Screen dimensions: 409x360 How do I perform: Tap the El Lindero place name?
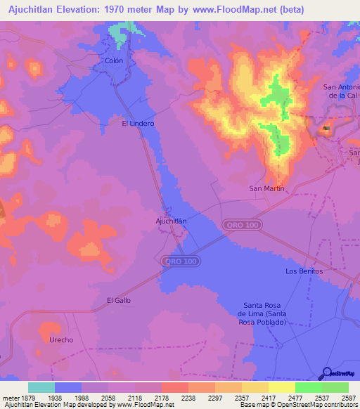pos(138,123)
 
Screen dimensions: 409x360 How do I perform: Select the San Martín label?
pos(266,188)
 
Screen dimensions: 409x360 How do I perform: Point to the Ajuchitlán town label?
pos(171,221)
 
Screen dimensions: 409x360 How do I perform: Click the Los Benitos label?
pos(304,271)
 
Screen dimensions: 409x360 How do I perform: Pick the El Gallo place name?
pos(119,300)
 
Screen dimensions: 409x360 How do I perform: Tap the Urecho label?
pos(61,340)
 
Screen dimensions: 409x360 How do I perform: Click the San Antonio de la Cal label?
pos(340,91)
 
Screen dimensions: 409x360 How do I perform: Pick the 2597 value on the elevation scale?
pos(349,398)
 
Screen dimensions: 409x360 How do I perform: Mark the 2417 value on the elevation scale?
pos(269,398)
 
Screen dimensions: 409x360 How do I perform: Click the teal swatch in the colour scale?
pos(41,387)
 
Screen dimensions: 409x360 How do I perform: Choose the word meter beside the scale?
pos(8,398)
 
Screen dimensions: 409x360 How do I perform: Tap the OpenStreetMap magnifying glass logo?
pos(327,373)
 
